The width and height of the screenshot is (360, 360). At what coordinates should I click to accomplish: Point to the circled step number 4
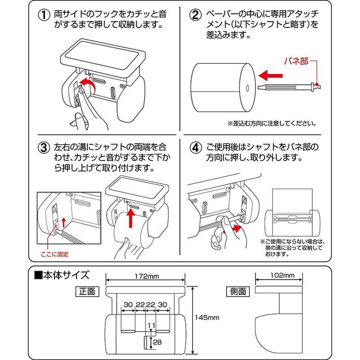tap(194, 148)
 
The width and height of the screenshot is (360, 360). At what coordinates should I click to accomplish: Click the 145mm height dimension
tap(207, 317)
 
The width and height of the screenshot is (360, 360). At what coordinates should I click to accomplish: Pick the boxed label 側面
tap(236, 291)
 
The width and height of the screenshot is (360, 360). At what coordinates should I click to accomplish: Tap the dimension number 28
tap(157, 343)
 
